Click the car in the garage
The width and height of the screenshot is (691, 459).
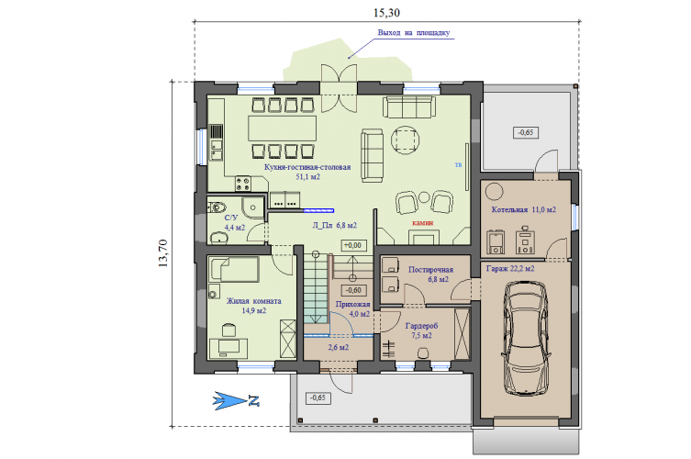pyautogui.click(x=526, y=338)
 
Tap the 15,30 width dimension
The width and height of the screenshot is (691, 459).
pyautogui.click(x=386, y=13)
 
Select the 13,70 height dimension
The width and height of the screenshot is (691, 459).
pyautogui.click(x=162, y=253)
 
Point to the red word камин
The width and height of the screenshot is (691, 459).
pyautogui.click(x=423, y=223)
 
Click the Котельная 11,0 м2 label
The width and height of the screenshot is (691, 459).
pyautogui.click(x=524, y=210)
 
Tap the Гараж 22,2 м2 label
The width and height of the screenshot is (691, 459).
pyautogui.click(x=510, y=268)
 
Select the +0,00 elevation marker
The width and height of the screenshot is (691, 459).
pyautogui.click(x=353, y=245)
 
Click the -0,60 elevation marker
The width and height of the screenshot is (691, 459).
pyautogui.click(x=353, y=290)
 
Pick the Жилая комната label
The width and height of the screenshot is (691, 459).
pyautogui.click(x=254, y=301)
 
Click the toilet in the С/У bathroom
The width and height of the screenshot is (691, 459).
pyautogui.click(x=217, y=207)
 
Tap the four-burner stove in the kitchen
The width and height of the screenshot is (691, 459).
pyautogui.click(x=243, y=184)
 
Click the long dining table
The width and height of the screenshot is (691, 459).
pyautogui.click(x=282, y=129)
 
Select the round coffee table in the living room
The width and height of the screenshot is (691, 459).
pyautogui.click(x=406, y=140)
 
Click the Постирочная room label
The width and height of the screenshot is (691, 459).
pyautogui.click(x=430, y=270)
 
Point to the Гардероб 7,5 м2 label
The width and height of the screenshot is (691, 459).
pyautogui.click(x=422, y=330)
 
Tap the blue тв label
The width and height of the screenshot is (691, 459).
pyautogui.click(x=458, y=164)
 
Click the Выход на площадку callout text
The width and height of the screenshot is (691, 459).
pyautogui.click(x=414, y=33)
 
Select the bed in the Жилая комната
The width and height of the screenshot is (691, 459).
pyautogui.click(x=234, y=270)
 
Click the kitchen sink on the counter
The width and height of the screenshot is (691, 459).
pyautogui.click(x=216, y=149)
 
